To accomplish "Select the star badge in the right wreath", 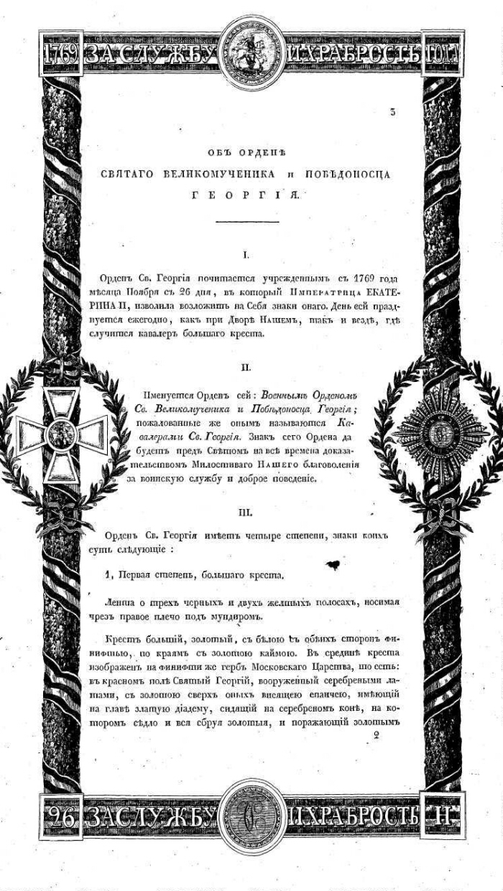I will click(x=439, y=435).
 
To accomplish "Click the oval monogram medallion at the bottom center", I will click(x=251, y=813).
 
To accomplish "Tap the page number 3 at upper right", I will click(x=392, y=111).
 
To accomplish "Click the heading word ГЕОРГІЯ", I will click(x=251, y=194).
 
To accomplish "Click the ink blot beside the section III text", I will click(x=333, y=566).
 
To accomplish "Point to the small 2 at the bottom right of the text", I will click(x=376, y=734).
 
